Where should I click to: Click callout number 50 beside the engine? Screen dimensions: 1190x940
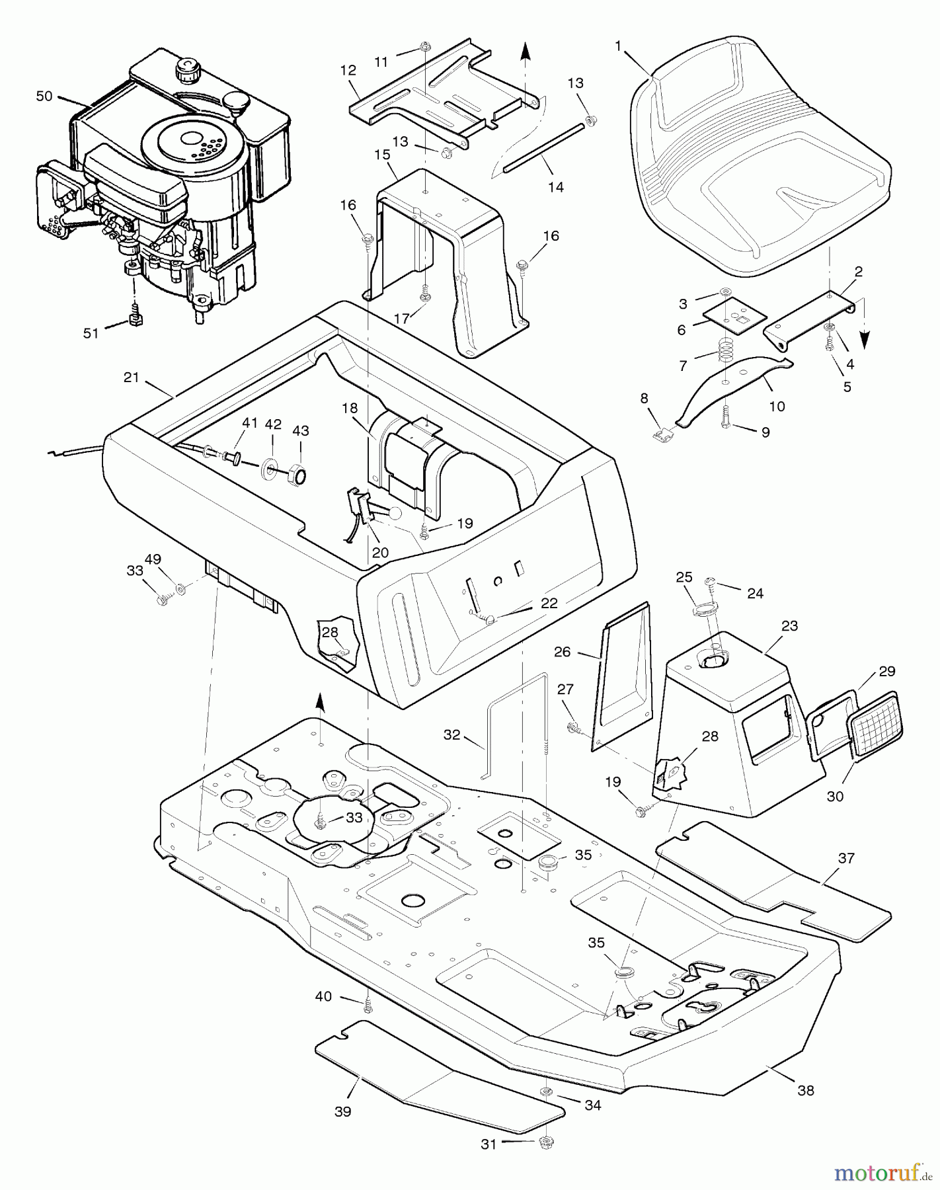coord(44,96)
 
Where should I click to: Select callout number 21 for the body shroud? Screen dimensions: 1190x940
coord(132,377)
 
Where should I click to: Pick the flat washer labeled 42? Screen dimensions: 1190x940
coord(272,471)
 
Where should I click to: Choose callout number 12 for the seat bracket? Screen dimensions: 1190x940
coord(348,71)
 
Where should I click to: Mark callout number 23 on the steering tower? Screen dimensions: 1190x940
coord(789,625)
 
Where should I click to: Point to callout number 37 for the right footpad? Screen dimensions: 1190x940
coord(846,858)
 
